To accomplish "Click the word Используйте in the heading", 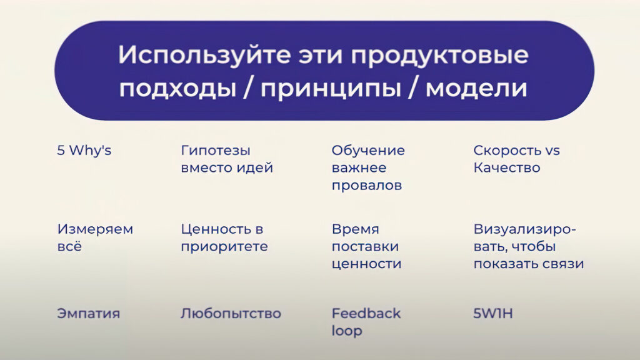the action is tap(204, 55).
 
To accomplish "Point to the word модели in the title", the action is tap(476, 88).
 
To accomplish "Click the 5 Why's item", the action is tap(84, 151).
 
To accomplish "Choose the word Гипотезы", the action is tap(216, 151).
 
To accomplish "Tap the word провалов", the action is tap(367, 186).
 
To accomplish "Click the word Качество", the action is tap(507, 167).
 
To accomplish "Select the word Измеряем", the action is tap(95, 229).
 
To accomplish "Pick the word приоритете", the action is tap(224, 247).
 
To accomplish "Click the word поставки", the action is tap(365, 246).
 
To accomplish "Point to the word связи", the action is tap(564, 264).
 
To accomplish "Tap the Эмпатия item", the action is tap(89, 314).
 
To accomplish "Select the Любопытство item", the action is tap(231, 314).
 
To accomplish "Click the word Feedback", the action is tap(366, 314).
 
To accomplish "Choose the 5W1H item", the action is tap(493, 314).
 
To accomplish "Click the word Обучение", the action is tap(368, 151).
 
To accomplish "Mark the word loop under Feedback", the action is tap(347, 331).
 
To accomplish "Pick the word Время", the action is tap(356, 229).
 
